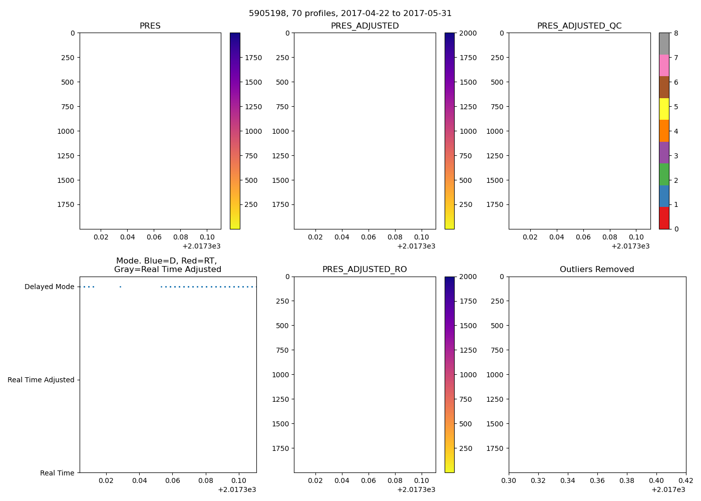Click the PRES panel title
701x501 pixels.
point(150,26)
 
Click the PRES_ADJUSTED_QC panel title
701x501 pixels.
point(579,26)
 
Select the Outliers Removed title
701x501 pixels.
point(597,270)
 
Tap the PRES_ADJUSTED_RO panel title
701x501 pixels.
point(365,270)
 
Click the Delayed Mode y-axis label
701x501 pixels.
point(49,287)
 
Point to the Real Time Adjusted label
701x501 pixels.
point(41,380)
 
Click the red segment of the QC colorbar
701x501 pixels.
point(664,218)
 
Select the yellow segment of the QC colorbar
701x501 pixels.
point(664,109)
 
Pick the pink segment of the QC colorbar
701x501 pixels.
point(664,65)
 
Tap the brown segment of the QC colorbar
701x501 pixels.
point(664,87)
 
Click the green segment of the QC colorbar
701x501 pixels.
point(664,174)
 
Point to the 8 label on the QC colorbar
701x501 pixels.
point(676,34)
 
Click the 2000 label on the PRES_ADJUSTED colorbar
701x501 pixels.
point(468,34)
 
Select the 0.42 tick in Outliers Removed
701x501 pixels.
point(685,480)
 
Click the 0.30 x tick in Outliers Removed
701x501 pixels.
point(509,480)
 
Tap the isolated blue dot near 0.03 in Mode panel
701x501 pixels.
point(120,287)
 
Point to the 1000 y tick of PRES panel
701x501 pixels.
point(66,131)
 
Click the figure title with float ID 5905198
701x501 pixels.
point(350,14)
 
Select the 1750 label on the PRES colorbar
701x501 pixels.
point(253,58)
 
